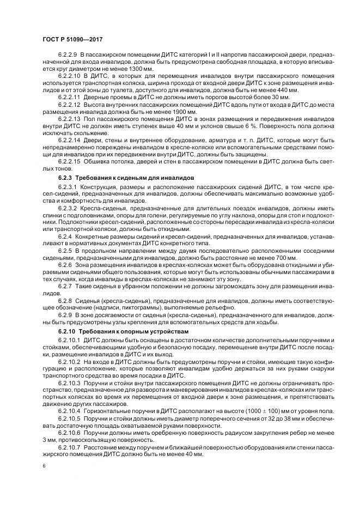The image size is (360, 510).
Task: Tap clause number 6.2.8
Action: click(x=65, y=301)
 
